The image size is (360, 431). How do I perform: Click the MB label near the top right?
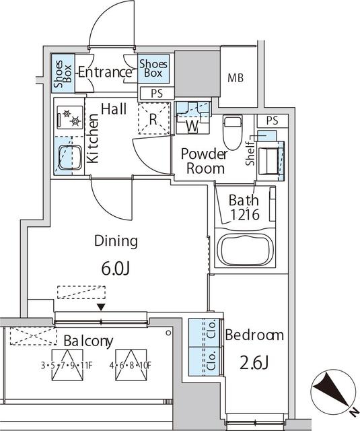[236, 78]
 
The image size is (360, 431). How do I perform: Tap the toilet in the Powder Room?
[233, 131]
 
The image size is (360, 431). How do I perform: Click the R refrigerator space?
[153, 121]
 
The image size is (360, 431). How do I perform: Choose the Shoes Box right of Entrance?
[153, 69]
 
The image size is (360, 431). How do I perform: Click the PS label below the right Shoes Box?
[157, 93]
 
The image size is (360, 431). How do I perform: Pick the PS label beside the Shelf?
[272, 121]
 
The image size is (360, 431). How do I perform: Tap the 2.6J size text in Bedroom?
[255, 364]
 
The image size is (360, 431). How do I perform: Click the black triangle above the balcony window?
[101, 307]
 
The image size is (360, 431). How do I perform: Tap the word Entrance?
[104, 73]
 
